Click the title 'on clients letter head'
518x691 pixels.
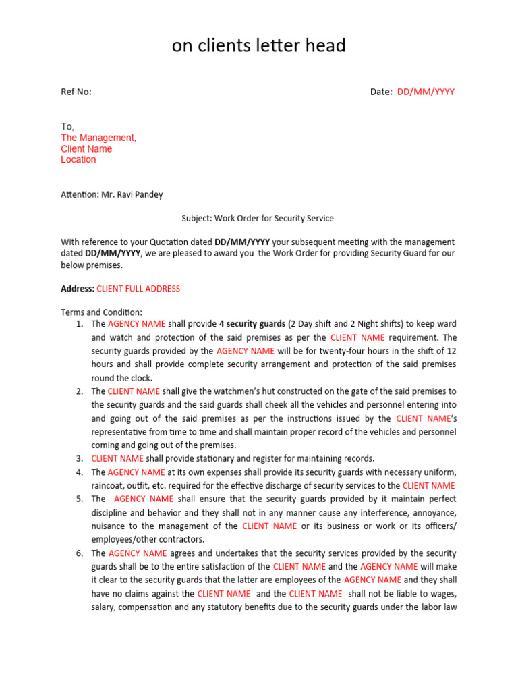(x=258, y=45)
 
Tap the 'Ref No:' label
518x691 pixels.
(x=76, y=92)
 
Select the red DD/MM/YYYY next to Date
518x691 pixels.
(x=426, y=92)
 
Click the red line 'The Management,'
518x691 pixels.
(x=98, y=138)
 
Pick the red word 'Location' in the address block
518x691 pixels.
(x=78, y=159)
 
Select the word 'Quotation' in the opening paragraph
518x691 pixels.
(x=144, y=242)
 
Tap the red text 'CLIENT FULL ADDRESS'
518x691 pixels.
(x=138, y=289)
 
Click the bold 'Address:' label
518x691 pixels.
(x=78, y=289)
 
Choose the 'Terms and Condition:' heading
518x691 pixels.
(x=102, y=312)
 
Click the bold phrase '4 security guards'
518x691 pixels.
(x=252, y=324)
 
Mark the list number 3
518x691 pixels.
(x=79, y=459)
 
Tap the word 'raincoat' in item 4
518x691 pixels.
(x=108, y=486)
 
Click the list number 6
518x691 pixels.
(x=79, y=553)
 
